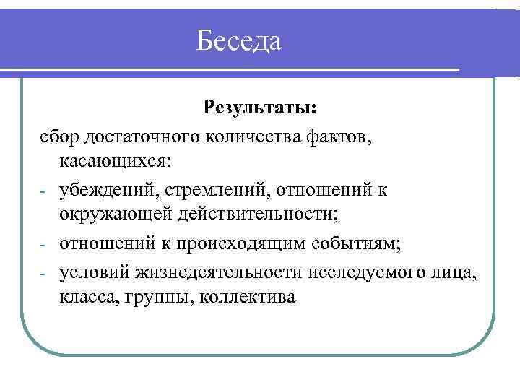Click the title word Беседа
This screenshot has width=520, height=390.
[x=239, y=40]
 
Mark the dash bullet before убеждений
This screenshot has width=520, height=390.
[x=43, y=191]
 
